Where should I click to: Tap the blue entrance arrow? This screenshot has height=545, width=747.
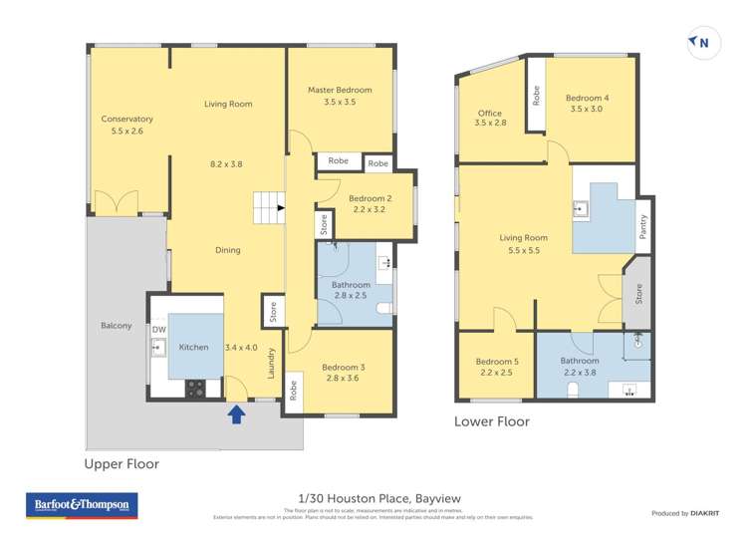[237, 412]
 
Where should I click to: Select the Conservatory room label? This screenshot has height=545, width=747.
[127, 119]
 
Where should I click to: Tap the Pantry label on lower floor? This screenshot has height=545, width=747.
[644, 227]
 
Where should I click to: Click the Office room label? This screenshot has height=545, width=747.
[490, 114]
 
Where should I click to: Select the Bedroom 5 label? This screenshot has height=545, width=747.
[494, 361]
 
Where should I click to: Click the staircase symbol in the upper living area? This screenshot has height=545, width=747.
[266, 208]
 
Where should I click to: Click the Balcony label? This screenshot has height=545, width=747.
[116, 326]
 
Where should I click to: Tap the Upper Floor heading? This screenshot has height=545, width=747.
[122, 463]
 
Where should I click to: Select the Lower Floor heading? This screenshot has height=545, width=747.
[492, 421]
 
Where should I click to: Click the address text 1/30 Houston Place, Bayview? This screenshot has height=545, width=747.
[379, 498]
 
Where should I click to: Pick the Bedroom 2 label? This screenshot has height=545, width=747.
[370, 198]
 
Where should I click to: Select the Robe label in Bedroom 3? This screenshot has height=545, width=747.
[294, 391]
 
